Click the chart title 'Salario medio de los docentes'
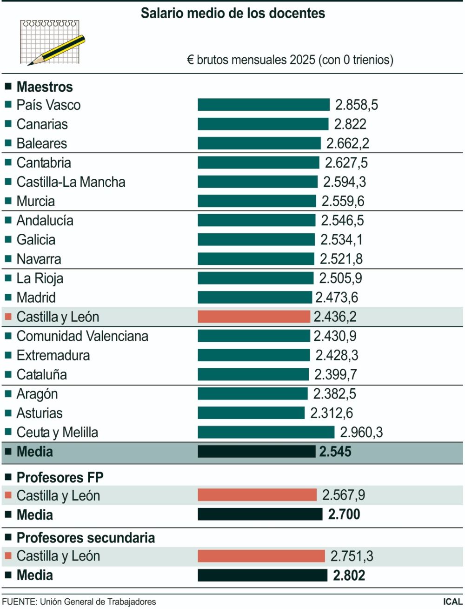(x=233, y=13)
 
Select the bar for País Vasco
(x=263, y=105)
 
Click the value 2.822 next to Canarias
(x=350, y=124)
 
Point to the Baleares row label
(x=41, y=143)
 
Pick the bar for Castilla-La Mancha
(x=257, y=182)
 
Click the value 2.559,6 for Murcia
(x=343, y=201)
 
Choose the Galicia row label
(x=36, y=240)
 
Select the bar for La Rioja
(x=255, y=278)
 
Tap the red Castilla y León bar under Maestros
(x=253, y=317)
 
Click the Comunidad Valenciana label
(x=82, y=336)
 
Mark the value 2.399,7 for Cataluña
(x=336, y=374)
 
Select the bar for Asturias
(x=251, y=413)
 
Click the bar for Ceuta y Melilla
(x=266, y=432)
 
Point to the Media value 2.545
(x=335, y=452)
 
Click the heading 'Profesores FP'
(x=60, y=478)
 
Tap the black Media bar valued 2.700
(x=259, y=514)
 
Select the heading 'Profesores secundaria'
(x=86, y=538)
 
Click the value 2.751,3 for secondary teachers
(x=352, y=556)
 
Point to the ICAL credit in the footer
(x=452, y=602)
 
